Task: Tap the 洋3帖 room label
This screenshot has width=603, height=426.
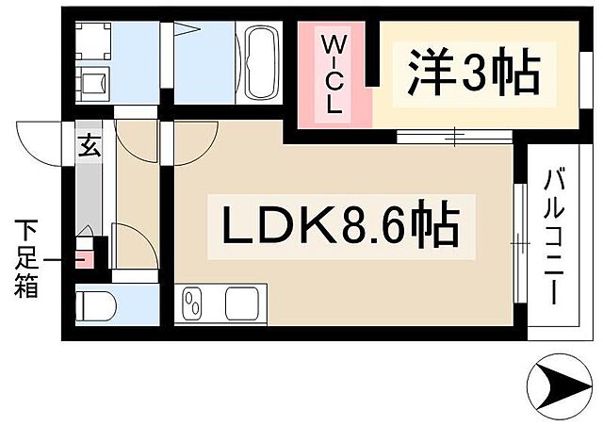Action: click(473, 72)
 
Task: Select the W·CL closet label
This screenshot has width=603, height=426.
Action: click(334, 74)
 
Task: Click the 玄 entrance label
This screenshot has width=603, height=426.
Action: click(88, 146)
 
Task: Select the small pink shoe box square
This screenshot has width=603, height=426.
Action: click(84, 254)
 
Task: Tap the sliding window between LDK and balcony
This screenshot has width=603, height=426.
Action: click(520, 243)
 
